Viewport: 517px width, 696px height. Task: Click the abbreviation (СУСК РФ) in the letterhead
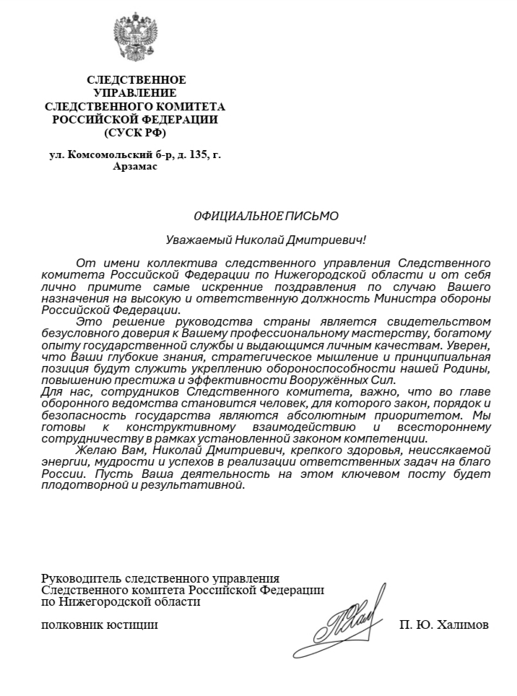coord(135,132)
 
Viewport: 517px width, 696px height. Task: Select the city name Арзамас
coord(135,166)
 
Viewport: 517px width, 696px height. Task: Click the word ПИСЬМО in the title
coord(312,215)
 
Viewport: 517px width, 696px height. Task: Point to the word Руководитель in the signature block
coord(82,578)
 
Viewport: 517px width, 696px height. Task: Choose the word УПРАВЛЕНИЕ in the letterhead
coord(135,93)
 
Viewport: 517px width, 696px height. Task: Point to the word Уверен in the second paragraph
coord(472,344)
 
